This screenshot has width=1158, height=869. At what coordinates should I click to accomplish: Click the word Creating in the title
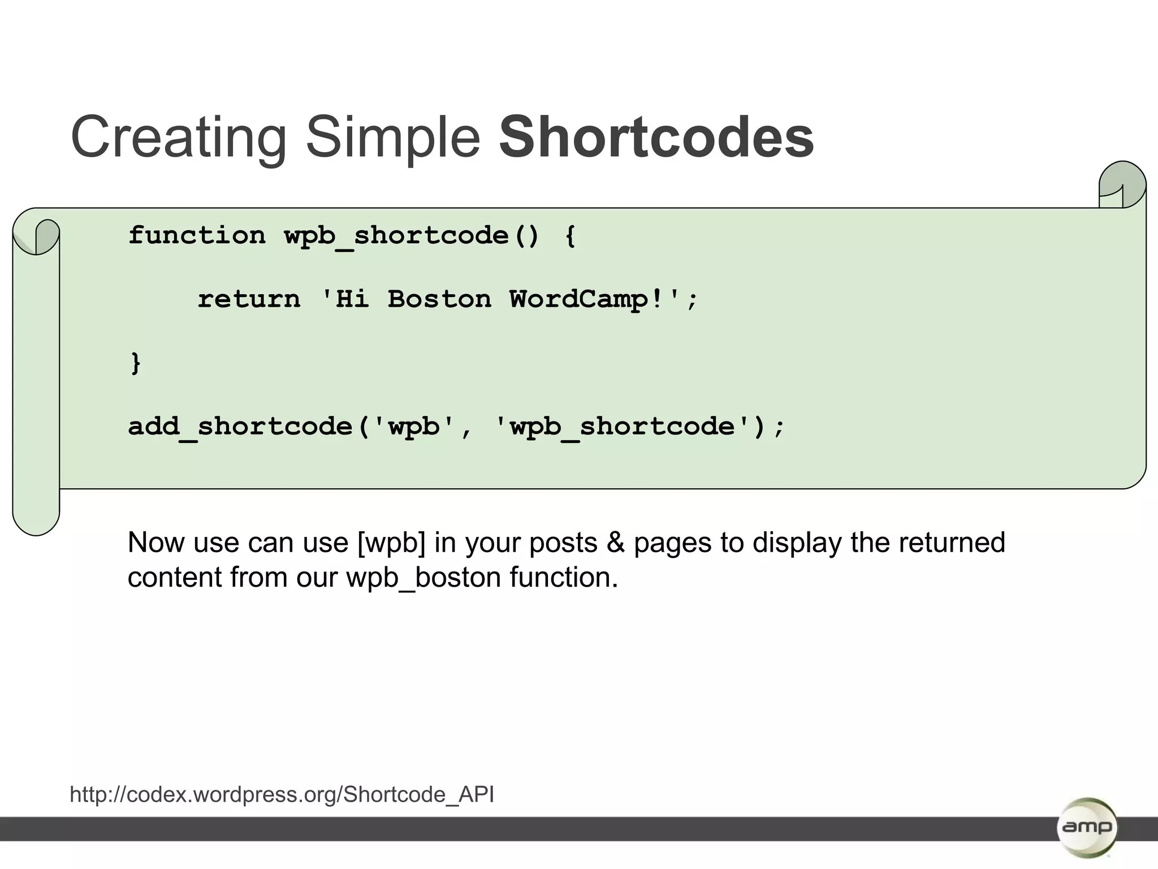pos(179,137)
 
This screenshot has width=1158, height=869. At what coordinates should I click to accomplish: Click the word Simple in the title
pos(393,137)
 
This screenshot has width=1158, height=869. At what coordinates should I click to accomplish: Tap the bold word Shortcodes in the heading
pos(656,137)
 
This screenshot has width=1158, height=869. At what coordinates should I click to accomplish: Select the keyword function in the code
pos(197,235)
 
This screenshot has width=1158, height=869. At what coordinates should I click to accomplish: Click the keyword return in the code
pos(249,299)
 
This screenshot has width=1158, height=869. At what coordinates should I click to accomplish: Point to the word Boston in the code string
pos(439,299)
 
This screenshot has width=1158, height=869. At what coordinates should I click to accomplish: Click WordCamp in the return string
pos(578,299)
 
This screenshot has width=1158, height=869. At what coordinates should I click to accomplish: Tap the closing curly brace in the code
pos(136,363)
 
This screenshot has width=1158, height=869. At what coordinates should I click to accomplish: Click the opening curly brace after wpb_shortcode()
pos(570,235)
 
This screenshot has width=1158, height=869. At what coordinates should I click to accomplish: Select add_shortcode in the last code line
pos(240,427)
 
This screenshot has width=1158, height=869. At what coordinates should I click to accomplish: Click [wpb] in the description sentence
pos(391,543)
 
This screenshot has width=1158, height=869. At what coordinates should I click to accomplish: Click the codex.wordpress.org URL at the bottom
pos(282,794)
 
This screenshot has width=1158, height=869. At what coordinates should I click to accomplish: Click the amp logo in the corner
pos(1086,828)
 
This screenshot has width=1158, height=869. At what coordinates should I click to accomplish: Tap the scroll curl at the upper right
pos(1122,184)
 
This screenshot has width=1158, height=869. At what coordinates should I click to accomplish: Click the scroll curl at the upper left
pos(37,236)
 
